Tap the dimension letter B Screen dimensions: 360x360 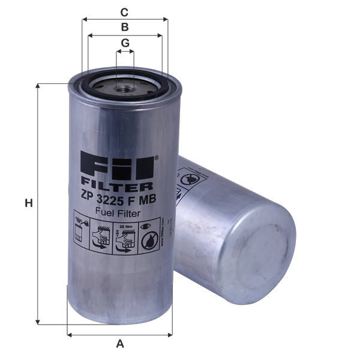click(124, 28)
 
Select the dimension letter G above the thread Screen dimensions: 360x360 click(124, 43)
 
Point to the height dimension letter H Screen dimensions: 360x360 click(28, 204)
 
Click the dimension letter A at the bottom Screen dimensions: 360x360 click(120, 343)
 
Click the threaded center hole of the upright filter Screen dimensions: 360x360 click(124, 89)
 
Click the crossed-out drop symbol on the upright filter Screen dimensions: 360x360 click(147, 239)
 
